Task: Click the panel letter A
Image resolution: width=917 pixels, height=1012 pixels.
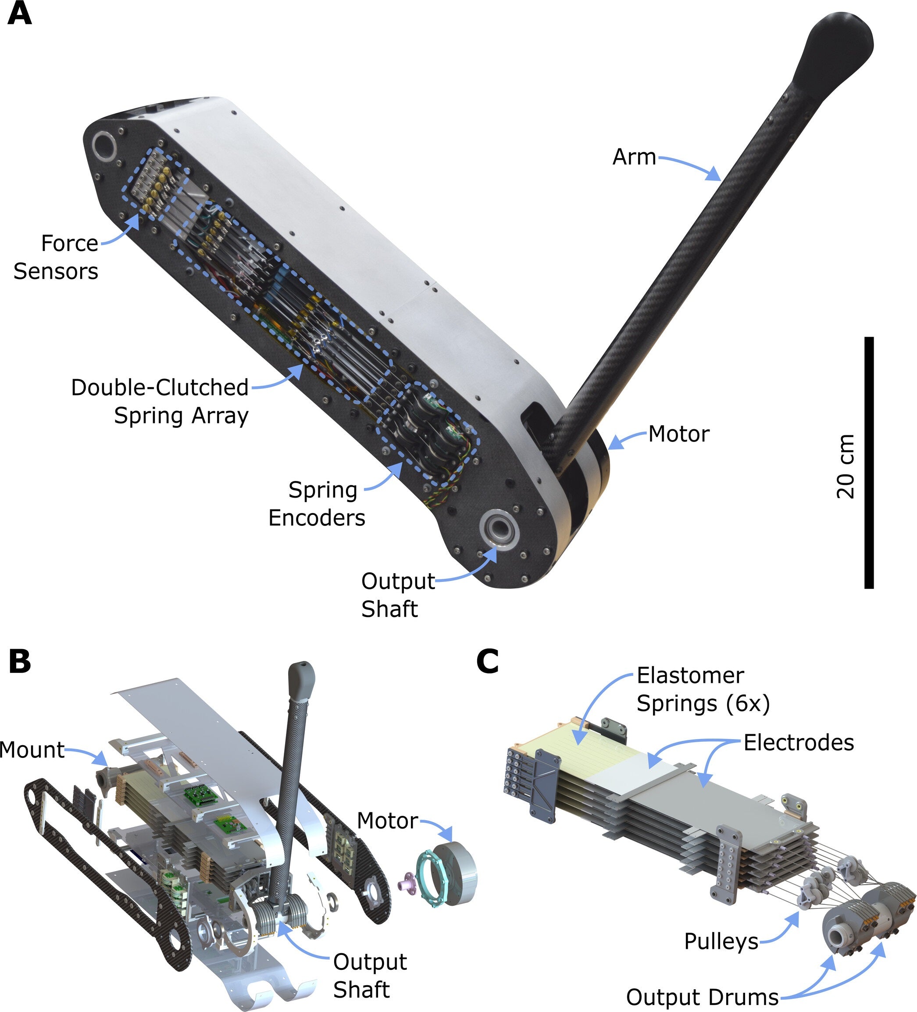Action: (20, 14)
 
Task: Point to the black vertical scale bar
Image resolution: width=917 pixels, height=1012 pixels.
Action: (869, 462)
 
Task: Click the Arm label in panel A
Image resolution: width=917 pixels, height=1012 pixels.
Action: (634, 157)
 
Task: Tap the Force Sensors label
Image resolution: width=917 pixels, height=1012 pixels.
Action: (56, 257)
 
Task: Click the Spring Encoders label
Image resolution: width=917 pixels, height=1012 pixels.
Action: (318, 503)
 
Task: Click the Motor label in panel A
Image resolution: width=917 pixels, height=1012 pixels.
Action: (679, 434)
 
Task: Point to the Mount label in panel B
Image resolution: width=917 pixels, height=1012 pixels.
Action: (32, 750)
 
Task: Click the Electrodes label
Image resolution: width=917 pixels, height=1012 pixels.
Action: (799, 743)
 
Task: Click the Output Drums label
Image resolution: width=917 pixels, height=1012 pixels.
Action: (702, 997)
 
